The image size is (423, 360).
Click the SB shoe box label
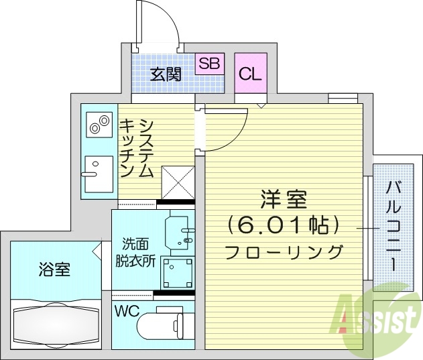tap(209, 64)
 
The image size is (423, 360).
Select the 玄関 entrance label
tap(166, 74)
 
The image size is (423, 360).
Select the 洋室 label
tap(284, 200)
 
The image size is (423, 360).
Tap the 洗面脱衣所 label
tap(139, 253)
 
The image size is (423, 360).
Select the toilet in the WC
tap(161, 326)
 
